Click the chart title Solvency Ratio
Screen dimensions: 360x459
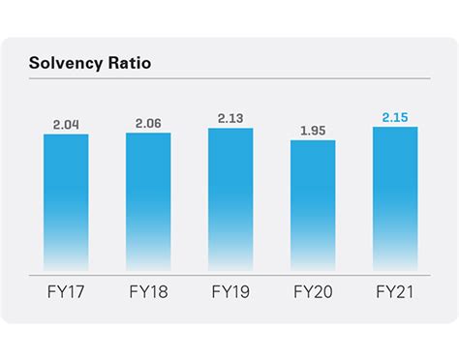click(x=91, y=63)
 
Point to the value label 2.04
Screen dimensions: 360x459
click(x=66, y=124)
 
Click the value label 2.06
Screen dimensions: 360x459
click(x=148, y=123)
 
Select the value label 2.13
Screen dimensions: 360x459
click(x=230, y=118)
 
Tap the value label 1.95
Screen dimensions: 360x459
click(x=313, y=131)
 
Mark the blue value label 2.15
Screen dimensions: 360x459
click(x=395, y=116)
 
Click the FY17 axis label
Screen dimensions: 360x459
click(x=66, y=290)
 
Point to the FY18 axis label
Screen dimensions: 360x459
click(x=148, y=290)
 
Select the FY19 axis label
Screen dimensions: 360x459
click(x=230, y=290)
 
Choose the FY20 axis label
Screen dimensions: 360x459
click(x=313, y=290)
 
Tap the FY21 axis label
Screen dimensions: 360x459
click(x=395, y=290)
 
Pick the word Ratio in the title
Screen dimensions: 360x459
click(x=131, y=63)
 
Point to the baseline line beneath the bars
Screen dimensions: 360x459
click(x=229, y=272)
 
